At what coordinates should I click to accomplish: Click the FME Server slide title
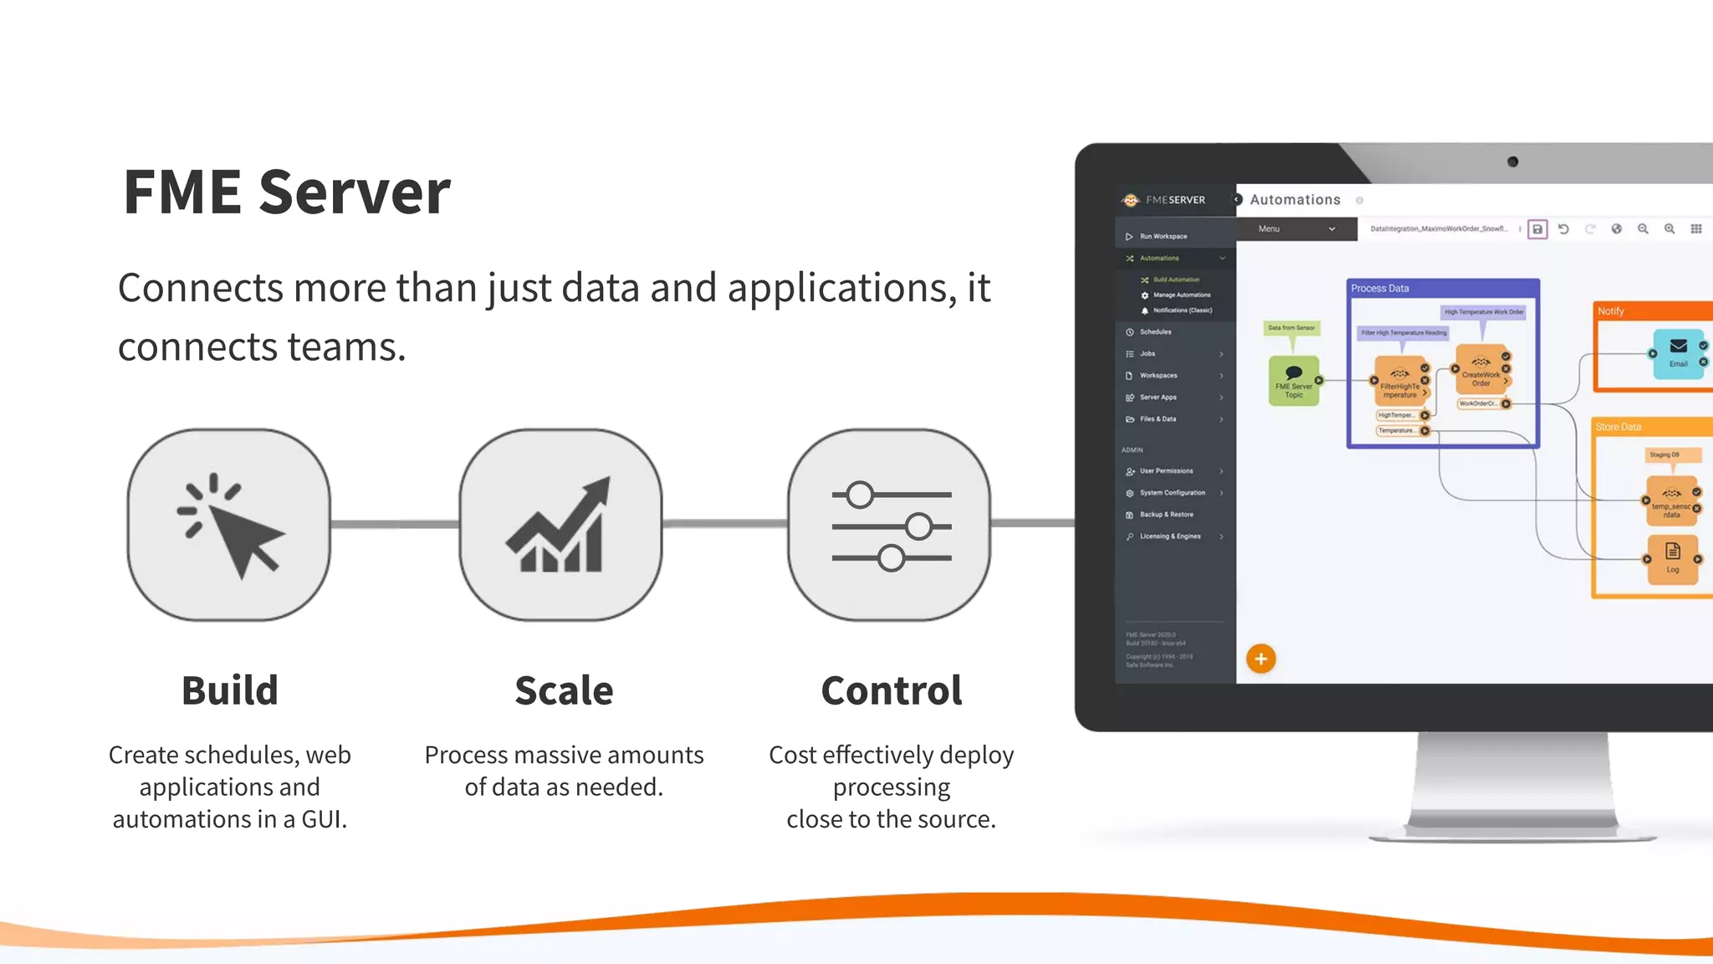tap(287, 192)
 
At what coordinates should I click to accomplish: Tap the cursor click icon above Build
tap(229, 526)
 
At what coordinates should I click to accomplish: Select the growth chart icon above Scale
tap(560, 526)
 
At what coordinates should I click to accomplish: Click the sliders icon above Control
tap(890, 526)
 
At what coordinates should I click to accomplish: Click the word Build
tap(229, 690)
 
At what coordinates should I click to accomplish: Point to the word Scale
tap(564, 690)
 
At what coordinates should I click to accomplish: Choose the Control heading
tap(892, 690)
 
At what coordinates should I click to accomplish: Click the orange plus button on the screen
tap(1260, 659)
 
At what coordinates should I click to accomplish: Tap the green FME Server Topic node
tap(1293, 381)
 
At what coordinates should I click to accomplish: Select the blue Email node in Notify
tap(1678, 353)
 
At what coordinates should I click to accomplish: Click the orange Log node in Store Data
tap(1672, 559)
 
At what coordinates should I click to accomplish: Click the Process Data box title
tap(1380, 289)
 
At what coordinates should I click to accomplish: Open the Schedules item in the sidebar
tap(1155, 332)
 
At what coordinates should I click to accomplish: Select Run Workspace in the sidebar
tap(1163, 237)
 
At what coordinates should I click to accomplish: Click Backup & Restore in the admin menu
tap(1166, 515)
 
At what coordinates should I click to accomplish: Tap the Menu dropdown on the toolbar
tap(1296, 228)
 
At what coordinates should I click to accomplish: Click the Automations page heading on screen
tap(1295, 200)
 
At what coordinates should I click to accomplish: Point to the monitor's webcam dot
tap(1512, 162)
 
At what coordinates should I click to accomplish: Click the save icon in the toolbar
tap(1537, 229)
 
